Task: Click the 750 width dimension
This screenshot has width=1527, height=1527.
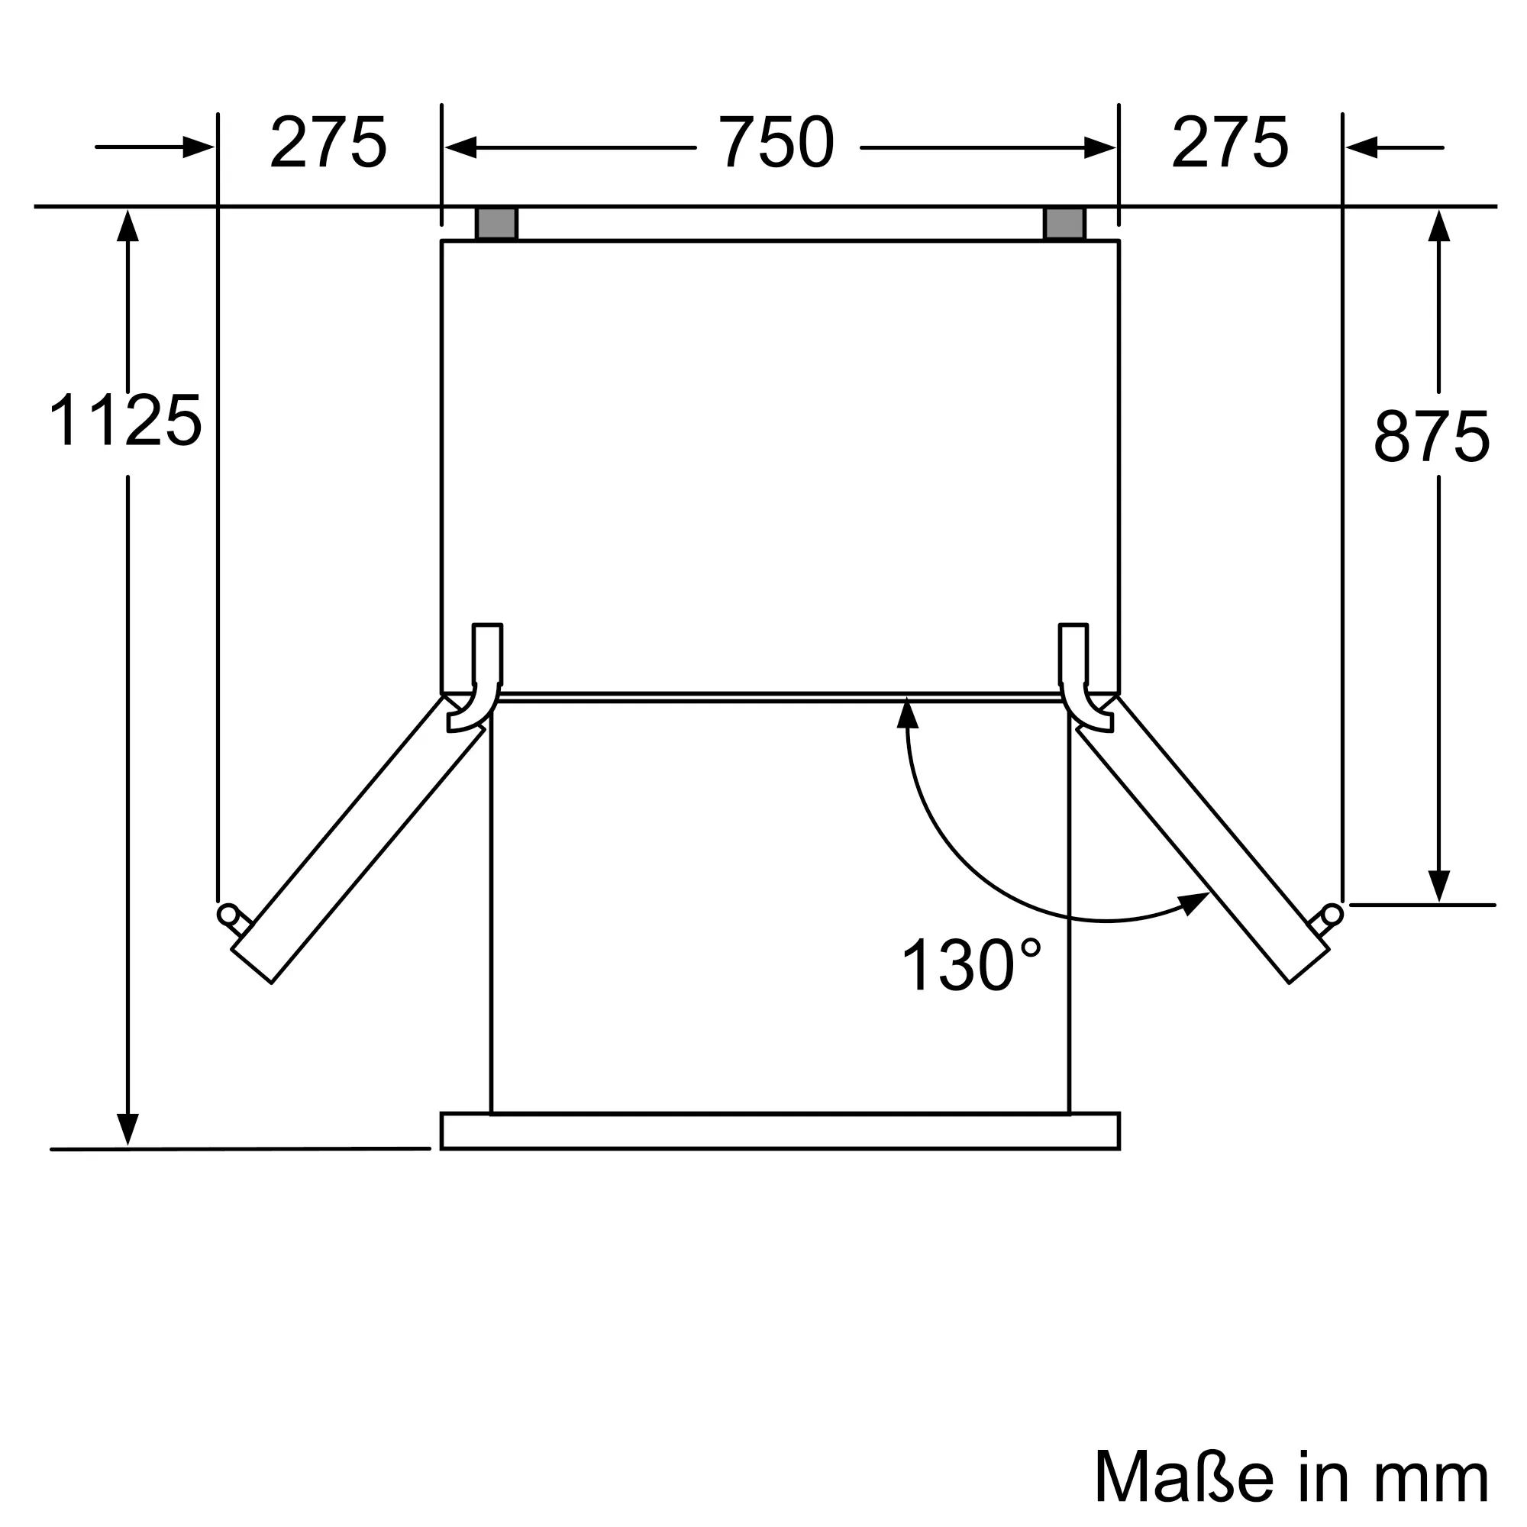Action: pyautogui.click(x=776, y=142)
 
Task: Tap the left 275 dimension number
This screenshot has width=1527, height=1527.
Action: pyautogui.click(x=328, y=142)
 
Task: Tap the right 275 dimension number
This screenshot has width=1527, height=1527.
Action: pyautogui.click(x=1230, y=142)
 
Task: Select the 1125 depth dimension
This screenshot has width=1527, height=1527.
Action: pyautogui.click(x=125, y=421)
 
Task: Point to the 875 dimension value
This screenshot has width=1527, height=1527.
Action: pyautogui.click(x=1432, y=436)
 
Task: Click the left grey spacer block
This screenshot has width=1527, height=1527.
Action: pyautogui.click(x=496, y=224)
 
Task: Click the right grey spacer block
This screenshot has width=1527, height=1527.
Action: pyautogui.click(x=1064, y=224)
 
